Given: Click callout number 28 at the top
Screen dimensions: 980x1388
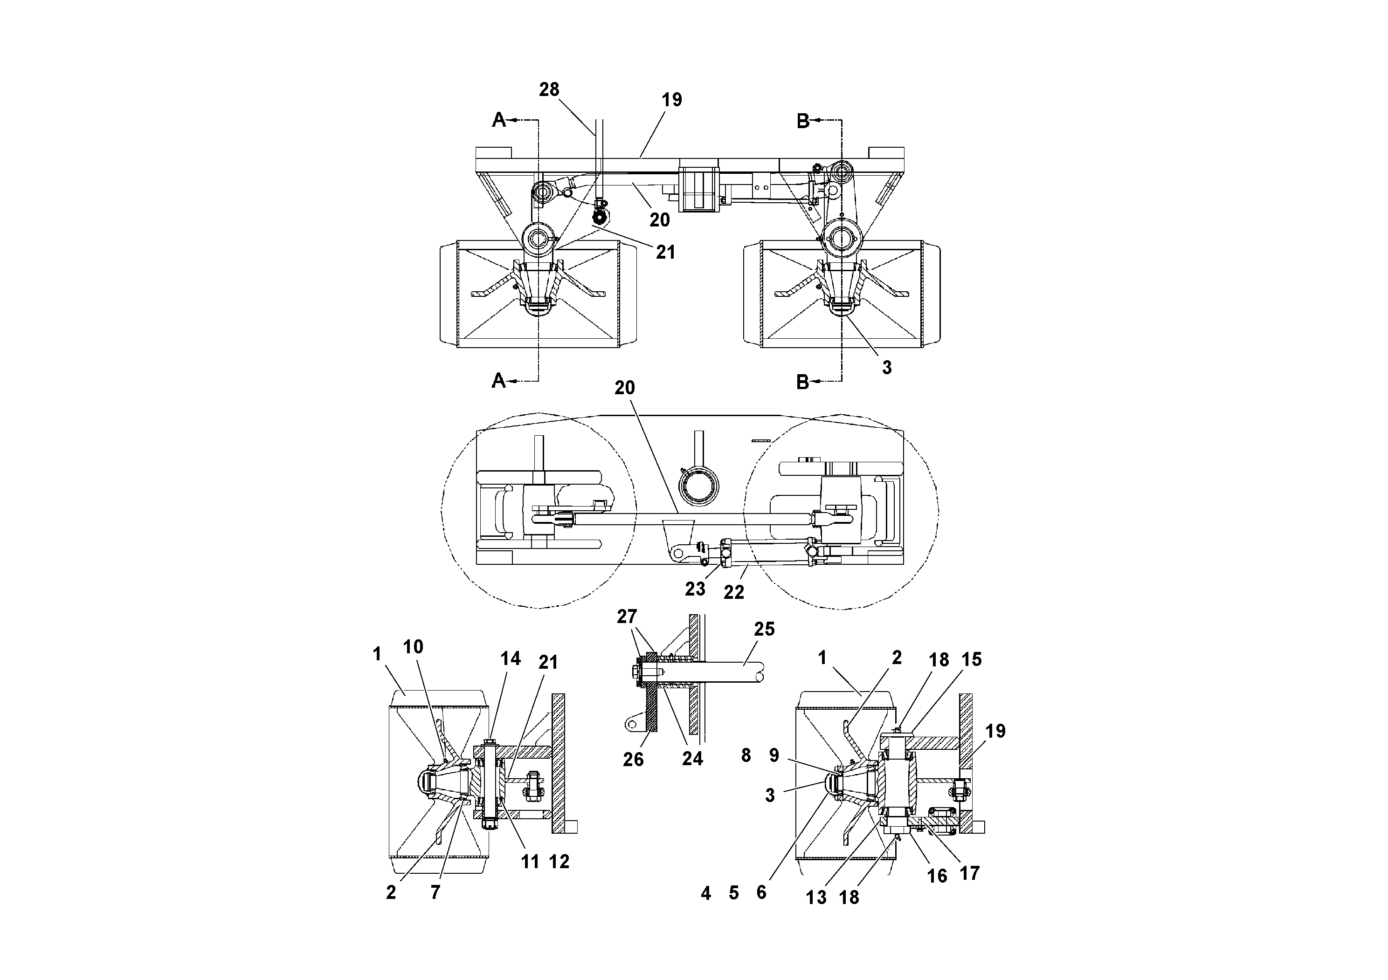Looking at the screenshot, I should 549,89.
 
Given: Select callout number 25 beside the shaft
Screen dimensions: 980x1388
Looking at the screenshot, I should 764,629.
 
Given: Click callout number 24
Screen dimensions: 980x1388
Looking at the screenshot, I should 692,758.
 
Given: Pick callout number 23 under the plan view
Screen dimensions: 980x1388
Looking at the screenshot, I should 695,589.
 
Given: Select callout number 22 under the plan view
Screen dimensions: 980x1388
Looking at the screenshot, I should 733,592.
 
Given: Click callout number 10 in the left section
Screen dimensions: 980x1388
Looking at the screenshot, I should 413,647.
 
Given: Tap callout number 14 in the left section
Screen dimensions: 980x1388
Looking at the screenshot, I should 510,658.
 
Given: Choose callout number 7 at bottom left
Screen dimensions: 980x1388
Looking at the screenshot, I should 435,892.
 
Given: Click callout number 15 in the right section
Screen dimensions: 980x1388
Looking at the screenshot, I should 972,659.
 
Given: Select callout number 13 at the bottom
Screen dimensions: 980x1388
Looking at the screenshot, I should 815,897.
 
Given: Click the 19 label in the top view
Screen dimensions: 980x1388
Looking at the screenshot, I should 672,100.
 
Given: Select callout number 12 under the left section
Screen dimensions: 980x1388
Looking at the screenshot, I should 559,862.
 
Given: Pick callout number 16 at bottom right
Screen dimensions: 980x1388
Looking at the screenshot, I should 937,876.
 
